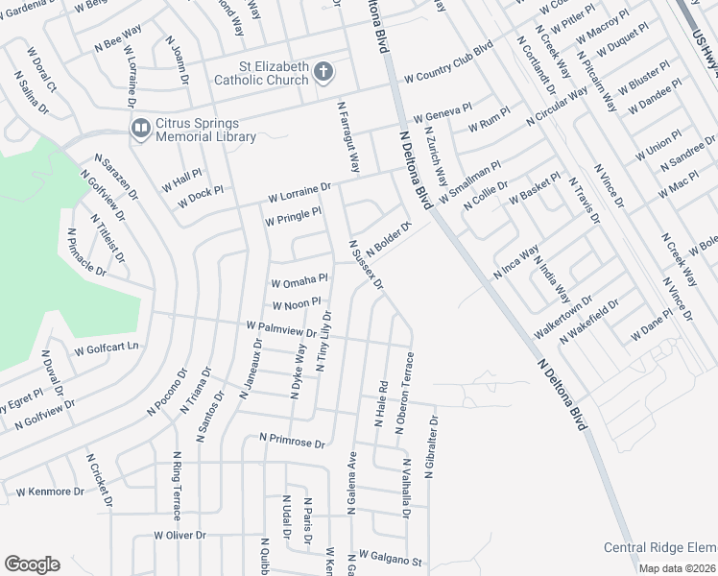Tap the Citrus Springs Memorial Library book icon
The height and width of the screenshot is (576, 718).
coord(140,128)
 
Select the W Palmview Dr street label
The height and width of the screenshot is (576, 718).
coord(281,330)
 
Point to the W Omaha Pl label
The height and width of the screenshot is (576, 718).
coord(299,282)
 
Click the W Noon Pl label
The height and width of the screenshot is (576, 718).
coord(302,305)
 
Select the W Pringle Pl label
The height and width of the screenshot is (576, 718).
coord(293,216)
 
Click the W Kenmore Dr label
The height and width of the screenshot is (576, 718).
coord(51,492)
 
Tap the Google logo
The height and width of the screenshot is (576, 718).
coord(32,564)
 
